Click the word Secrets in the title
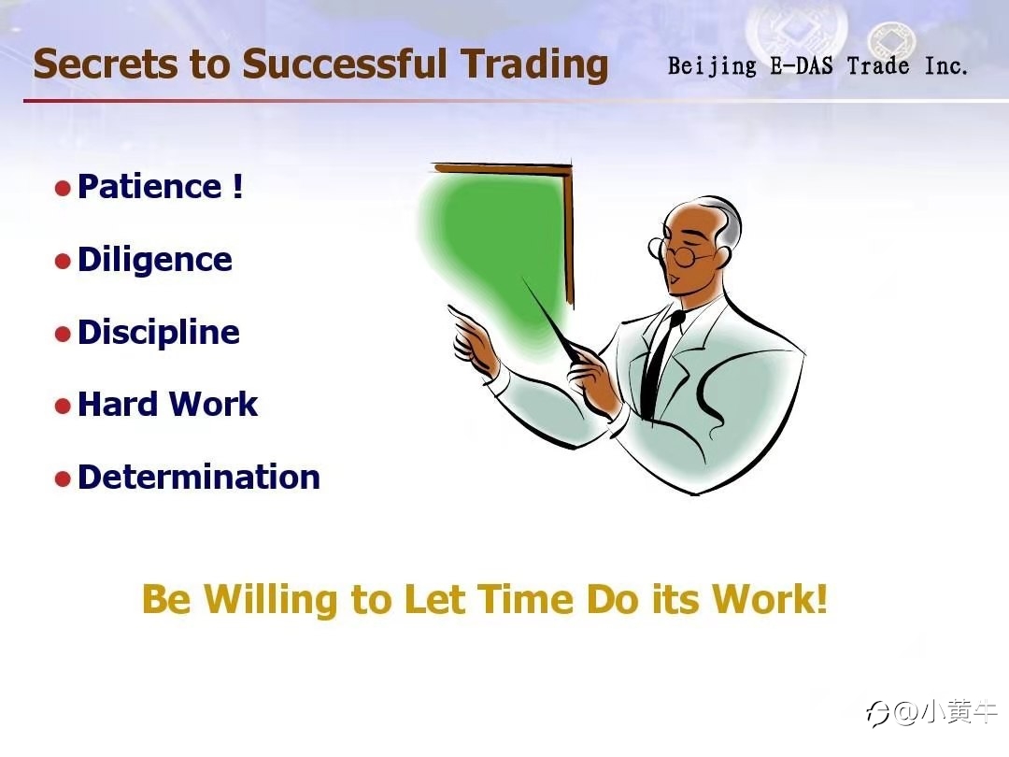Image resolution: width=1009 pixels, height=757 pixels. (105, 64)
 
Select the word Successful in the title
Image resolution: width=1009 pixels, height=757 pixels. (344, 64)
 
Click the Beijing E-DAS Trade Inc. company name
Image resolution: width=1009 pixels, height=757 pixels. (817, 65)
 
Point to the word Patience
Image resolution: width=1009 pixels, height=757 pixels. (149, 187)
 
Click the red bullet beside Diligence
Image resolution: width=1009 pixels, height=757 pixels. (63, 262)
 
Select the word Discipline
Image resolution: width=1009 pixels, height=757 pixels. (158, 333)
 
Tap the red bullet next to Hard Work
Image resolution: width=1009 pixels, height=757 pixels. (63, 407)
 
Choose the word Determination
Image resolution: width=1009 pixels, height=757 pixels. (199, 477)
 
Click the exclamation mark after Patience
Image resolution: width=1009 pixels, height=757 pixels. (237, 186)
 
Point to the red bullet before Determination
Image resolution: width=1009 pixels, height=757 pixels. (63, 479)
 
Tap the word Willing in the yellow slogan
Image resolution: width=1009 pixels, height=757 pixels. (270, 600)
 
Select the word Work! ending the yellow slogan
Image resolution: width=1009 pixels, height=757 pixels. (769, 599)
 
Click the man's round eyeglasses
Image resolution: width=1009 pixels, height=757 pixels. (675, 252)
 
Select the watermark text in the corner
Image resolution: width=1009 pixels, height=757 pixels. (932, 712)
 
